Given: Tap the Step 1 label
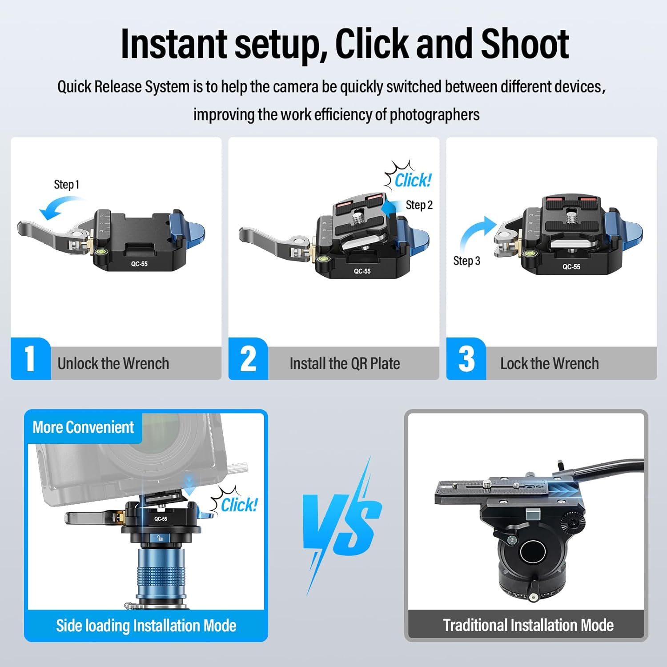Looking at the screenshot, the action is [67, 185].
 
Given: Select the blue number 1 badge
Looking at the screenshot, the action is [30, 358].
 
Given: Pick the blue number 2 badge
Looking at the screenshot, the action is [248, 358].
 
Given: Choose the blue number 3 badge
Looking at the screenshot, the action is [466, 358].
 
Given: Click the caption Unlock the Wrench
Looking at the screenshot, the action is [113, 364].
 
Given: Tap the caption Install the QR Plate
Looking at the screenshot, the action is [345, 364].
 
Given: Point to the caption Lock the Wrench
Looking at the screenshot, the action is [550, 364].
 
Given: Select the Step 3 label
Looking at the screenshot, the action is [467, 261].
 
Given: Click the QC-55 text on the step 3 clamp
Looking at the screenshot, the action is [571, 267].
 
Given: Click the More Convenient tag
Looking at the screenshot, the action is [83, 427].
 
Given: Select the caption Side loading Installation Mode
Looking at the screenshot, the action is [146, 626].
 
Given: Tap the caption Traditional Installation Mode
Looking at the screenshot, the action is [528, 625].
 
